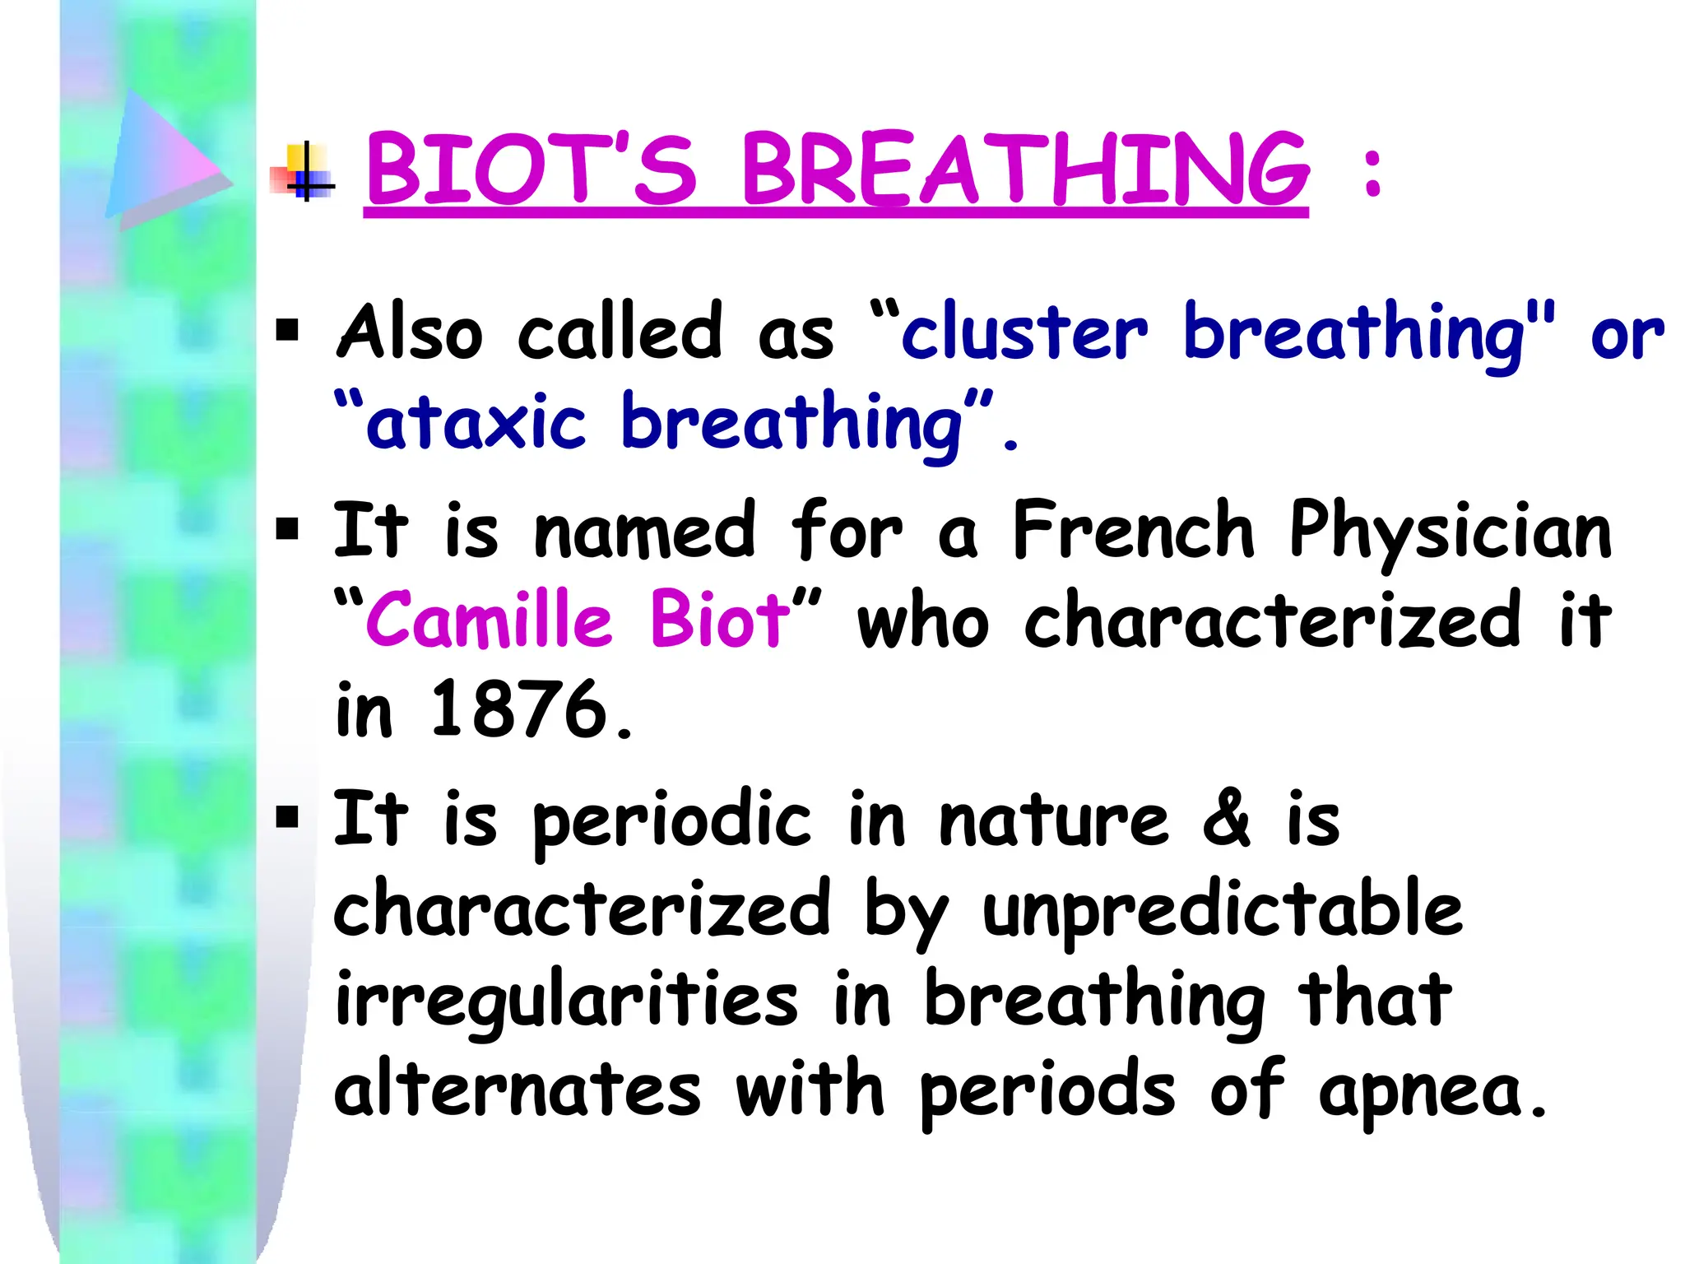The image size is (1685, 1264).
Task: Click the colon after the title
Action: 1372,173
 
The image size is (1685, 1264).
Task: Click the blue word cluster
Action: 1024,332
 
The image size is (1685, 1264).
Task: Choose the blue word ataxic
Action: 476,423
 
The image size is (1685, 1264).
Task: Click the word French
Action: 1133,531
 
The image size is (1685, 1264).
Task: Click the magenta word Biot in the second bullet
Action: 719,619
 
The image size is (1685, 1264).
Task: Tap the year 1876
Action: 518,709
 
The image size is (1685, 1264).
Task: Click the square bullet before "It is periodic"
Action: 288,817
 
